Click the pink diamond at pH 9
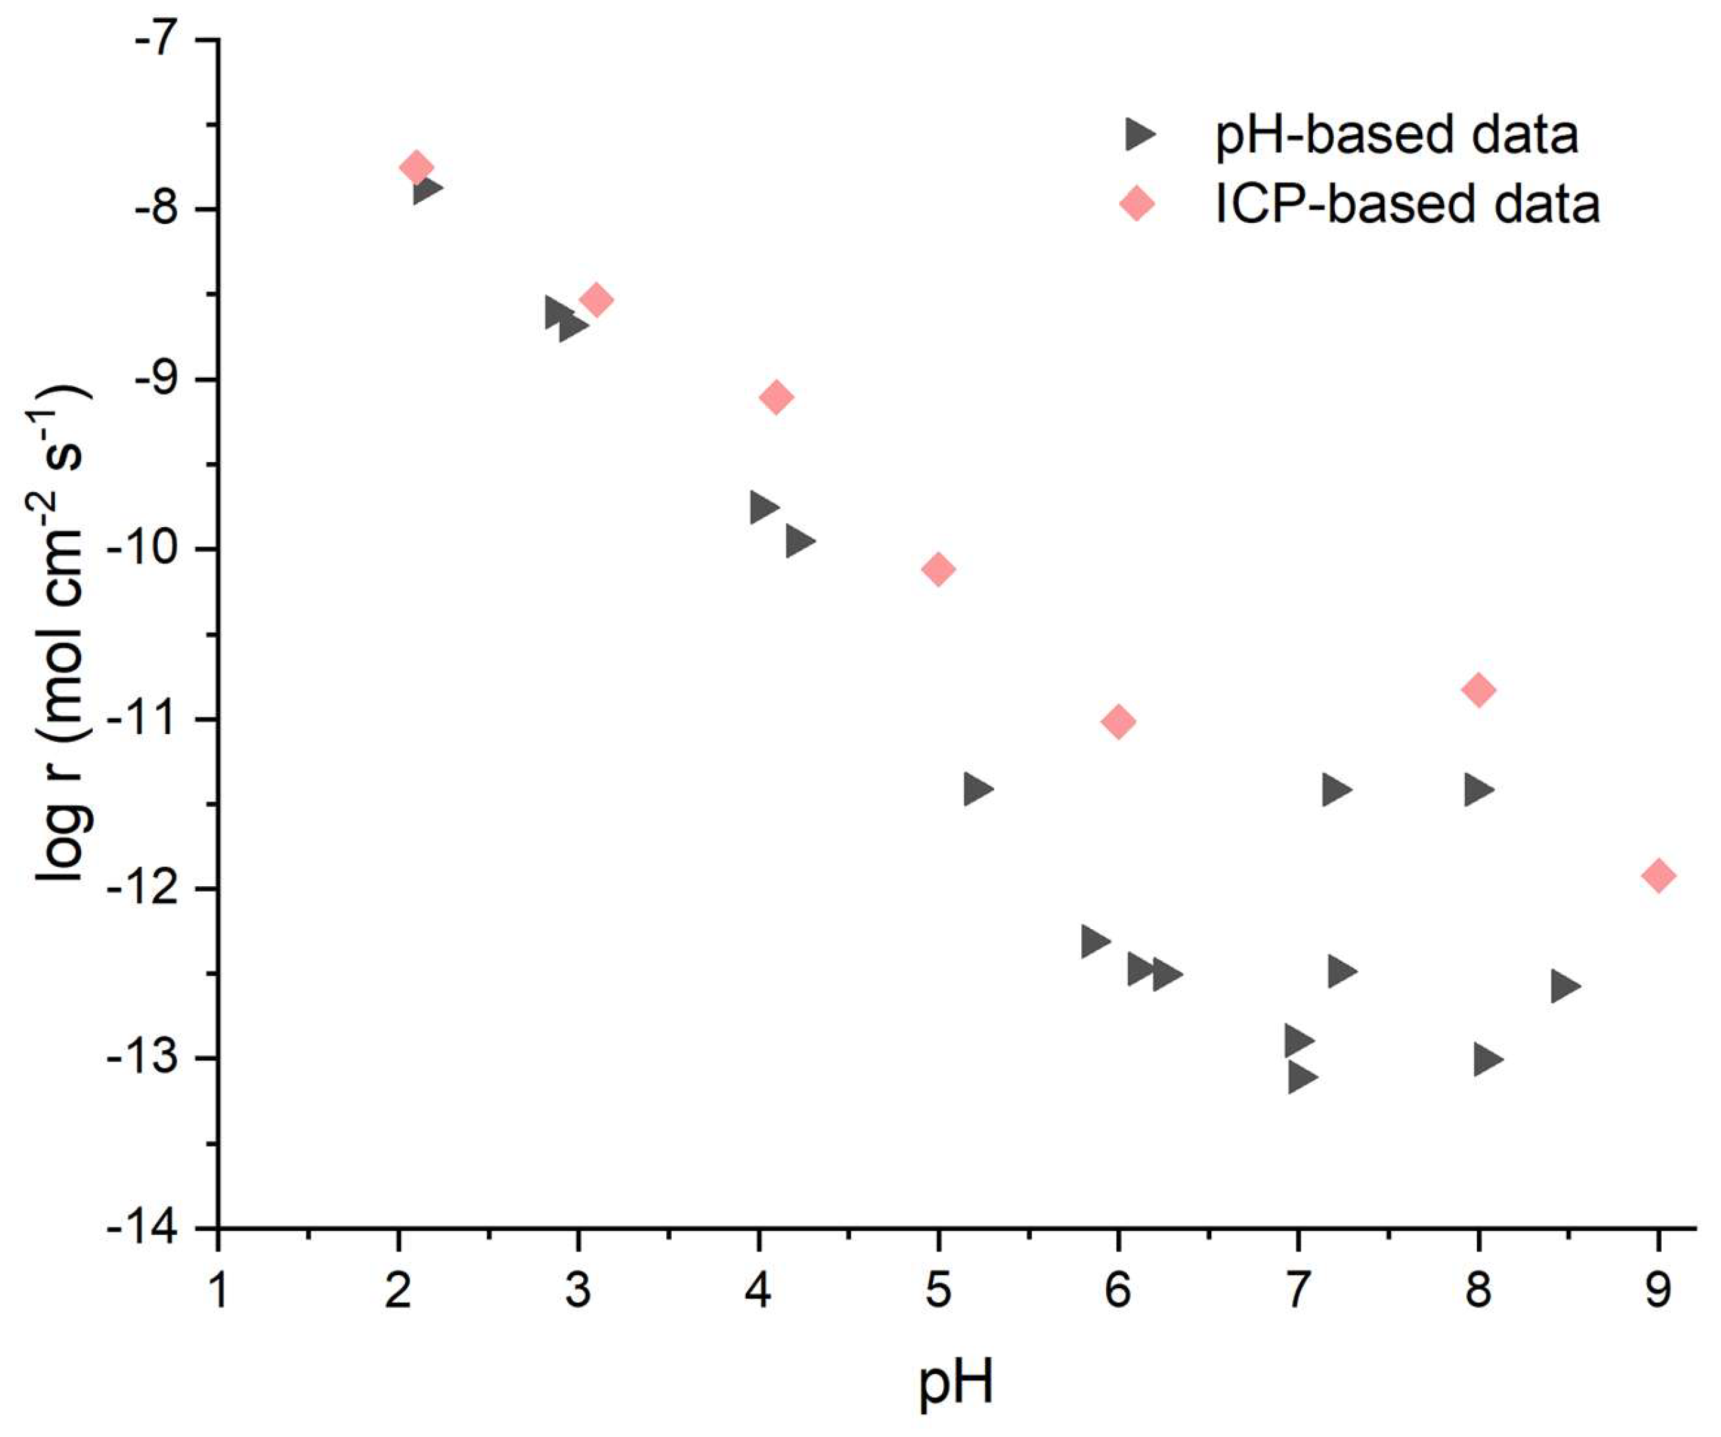click(x=1658, y=875)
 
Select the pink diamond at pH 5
click(x=939, y=569)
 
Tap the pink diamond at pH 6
click(x=1118, y=722)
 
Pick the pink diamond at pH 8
click(x=1478, y=689)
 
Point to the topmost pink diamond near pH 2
click(x=416, y=167)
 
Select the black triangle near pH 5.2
click(x=977, y=789)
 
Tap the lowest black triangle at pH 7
click(x=1300, y=1077)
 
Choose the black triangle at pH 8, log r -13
click(x=1486, y=1059)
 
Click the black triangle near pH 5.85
click(x=1094, y=940)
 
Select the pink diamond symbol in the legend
click(x=1137, y=203)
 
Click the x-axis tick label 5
click(x=939, y=1290)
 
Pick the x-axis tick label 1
click(x=218, y=1290)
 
